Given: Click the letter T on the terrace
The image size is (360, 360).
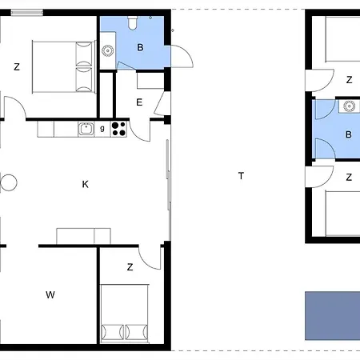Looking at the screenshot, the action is (x=241, y=176).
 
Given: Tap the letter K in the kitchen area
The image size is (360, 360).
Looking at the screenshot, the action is (x=85, y=184).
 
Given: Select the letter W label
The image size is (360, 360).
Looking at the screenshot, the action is (x=50, y=294).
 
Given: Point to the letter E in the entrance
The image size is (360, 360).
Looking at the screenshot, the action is (x=139, y=102).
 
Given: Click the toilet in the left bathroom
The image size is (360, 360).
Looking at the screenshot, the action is (x=133, y=23).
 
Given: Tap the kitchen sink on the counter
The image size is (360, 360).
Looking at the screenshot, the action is (x=86, y=129).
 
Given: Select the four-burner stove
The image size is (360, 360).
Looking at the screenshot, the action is (x=118, y=129).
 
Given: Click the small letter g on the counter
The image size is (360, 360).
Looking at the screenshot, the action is (x=102, y=129).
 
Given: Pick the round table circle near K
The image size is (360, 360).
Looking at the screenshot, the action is (x=9, y=182).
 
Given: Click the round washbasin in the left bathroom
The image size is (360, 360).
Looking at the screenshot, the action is (x=107, y=50).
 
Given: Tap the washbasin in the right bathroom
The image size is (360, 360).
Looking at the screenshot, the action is (x=349, y=106).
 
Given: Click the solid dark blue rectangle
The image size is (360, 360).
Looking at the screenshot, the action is (x=333, y=316).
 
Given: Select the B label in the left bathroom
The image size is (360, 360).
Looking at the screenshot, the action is (x=140, y=47).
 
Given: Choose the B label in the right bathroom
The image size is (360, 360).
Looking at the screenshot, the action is (x=348, y=134).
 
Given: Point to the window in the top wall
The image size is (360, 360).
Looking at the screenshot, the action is (x=26, y=12).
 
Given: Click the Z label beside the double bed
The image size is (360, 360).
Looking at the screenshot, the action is (x=17, y=66).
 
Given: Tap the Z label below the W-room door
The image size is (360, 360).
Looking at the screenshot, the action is (x=130, y=267).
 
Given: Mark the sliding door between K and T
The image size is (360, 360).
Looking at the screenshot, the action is (x=168, y=174).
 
